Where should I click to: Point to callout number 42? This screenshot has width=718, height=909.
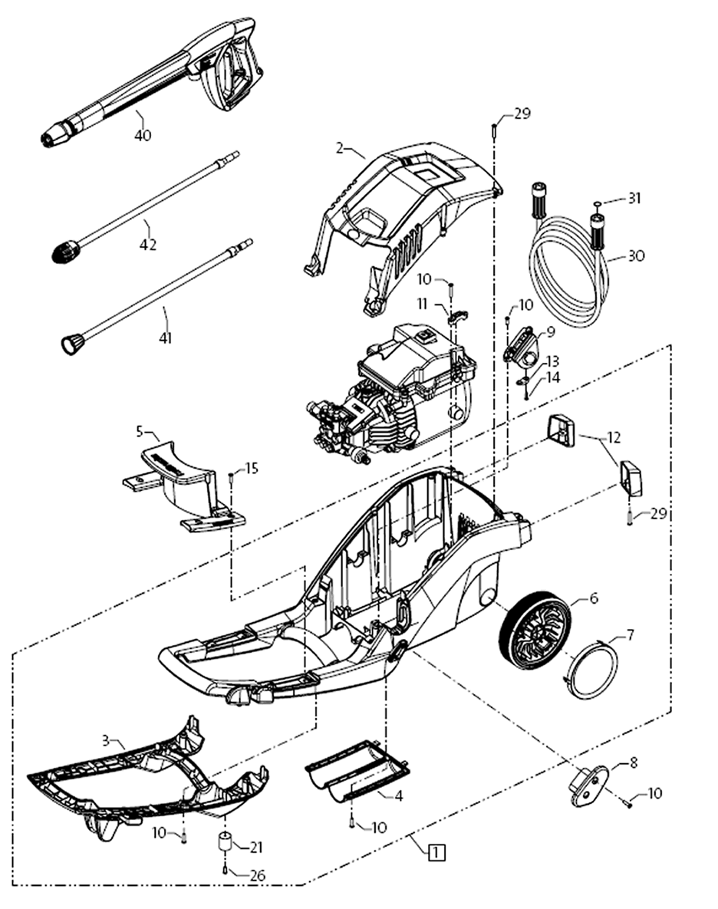tap(148, 245)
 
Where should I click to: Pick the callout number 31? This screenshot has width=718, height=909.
tap(634, 198)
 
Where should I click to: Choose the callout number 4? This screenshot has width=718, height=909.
tap(398, 796)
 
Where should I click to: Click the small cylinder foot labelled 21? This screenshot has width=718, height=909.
tap(226, 842)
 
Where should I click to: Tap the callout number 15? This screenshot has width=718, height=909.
tap(252, 468)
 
